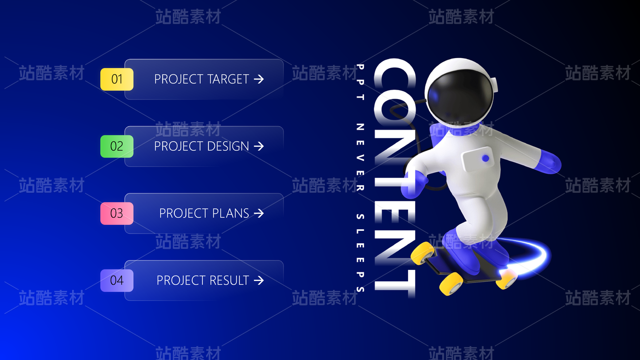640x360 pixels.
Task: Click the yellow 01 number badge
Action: (117, 79)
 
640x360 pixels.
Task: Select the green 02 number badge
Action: (117, 146)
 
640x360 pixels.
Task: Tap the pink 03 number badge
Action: (117, 213)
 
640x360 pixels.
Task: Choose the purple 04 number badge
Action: (117, 280)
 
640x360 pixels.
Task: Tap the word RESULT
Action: (229, 280)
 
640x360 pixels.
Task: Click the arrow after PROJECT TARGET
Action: (259, 79)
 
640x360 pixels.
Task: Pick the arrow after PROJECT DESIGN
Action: (259, 146)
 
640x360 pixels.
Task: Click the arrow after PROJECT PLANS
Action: (259, 213)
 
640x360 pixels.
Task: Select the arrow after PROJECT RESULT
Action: (259, 280)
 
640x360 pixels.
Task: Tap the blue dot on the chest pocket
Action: (485, 158)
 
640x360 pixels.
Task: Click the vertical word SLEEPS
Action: (360, 253)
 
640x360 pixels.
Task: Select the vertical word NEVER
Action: (360, 157)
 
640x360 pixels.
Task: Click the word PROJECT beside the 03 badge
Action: (184, 213)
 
